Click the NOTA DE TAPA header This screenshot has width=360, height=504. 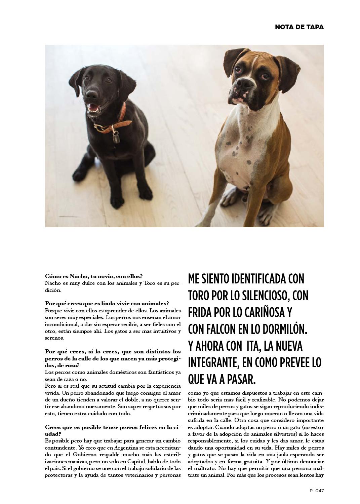tap(299, 27)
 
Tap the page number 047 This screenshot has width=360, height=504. tap(319, 491)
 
